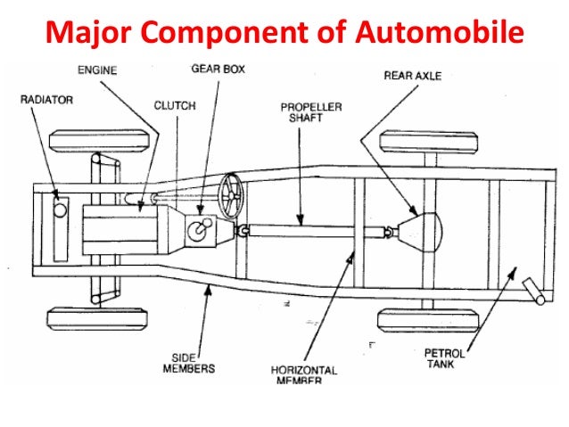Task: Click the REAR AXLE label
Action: point(413,76)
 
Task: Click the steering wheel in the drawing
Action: point(230,195)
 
